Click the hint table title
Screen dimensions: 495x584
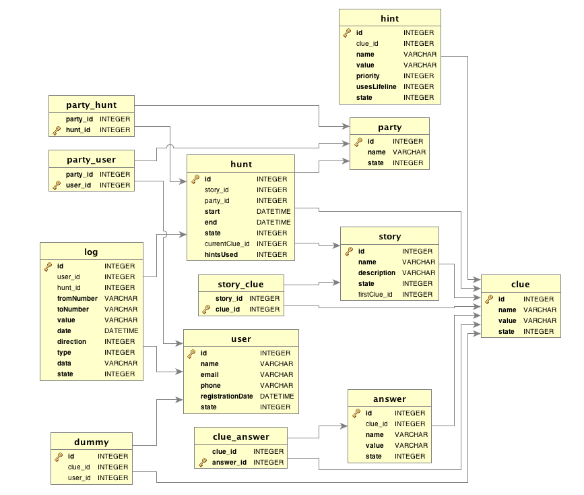389,18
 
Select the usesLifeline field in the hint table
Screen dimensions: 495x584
376,87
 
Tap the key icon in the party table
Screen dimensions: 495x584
358,142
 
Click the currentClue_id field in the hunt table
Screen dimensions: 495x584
227,244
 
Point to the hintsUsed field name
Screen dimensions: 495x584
221,255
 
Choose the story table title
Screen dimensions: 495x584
389,237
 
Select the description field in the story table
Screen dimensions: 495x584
377,273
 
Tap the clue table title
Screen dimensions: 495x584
520,285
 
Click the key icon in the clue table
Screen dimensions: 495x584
489,299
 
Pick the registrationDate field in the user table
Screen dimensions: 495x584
227,397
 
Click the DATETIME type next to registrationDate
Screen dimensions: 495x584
276,397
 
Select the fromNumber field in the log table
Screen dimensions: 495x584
77,299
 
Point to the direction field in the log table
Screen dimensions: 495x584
72,342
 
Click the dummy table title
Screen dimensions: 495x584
91,442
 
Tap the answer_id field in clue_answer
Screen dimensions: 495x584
230,463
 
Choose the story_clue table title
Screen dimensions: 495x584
240,284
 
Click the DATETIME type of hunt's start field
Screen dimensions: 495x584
273,212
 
